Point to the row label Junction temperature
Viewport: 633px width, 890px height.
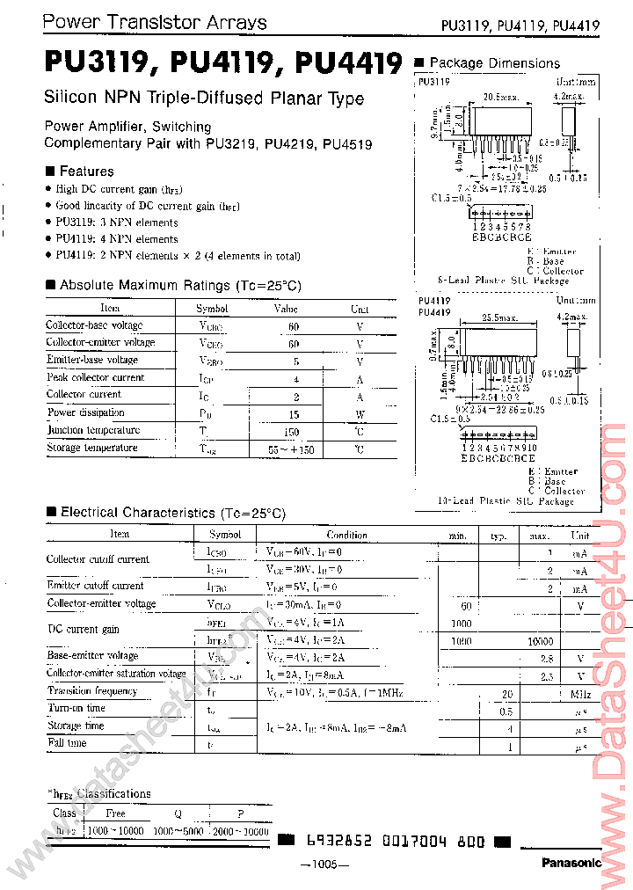(x=93, y=430)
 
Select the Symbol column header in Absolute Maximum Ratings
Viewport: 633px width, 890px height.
(x=211, y=309)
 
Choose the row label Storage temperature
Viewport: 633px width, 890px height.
(x=92, y=448)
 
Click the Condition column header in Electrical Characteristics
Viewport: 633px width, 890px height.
(x=346, y=535)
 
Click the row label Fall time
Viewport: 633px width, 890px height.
(x=67, y=743)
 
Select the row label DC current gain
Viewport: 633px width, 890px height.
(x=83, y=630)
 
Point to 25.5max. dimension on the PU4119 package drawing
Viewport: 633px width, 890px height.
(x=499, y=318)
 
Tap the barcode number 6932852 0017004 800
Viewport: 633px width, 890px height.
(x=395, y=842)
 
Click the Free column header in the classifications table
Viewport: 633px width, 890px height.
(x=115, y=813)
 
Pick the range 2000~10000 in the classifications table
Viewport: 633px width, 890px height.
(x=238, y=831)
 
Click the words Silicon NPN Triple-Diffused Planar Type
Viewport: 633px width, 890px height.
(x=203, y=98)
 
